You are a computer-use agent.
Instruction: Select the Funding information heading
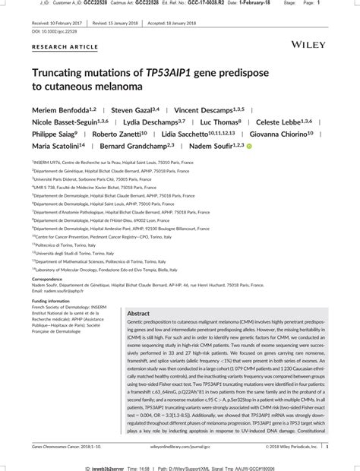click(x=51, y=301)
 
